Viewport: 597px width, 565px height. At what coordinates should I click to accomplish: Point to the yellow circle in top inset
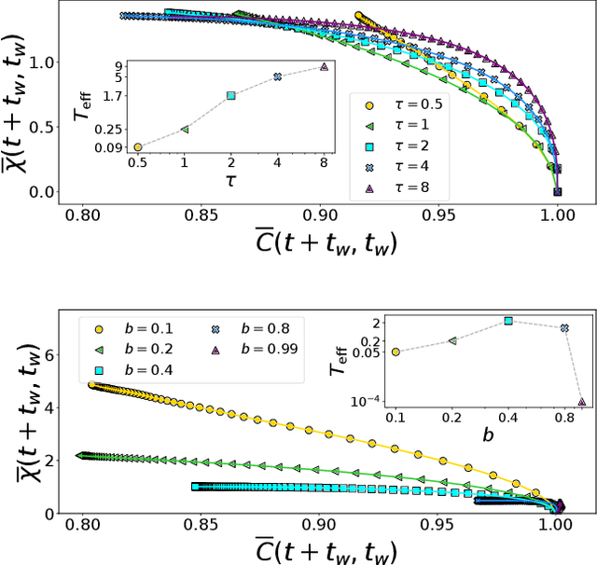(138, 146)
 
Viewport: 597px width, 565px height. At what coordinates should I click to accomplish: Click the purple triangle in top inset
(324, 67)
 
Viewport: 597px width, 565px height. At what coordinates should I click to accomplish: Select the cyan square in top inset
(231, 95)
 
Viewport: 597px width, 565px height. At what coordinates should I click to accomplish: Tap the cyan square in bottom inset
(508, 321)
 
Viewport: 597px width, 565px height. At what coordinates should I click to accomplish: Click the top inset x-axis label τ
(230, 181)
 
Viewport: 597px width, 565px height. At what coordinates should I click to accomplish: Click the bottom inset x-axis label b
(487, 435)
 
